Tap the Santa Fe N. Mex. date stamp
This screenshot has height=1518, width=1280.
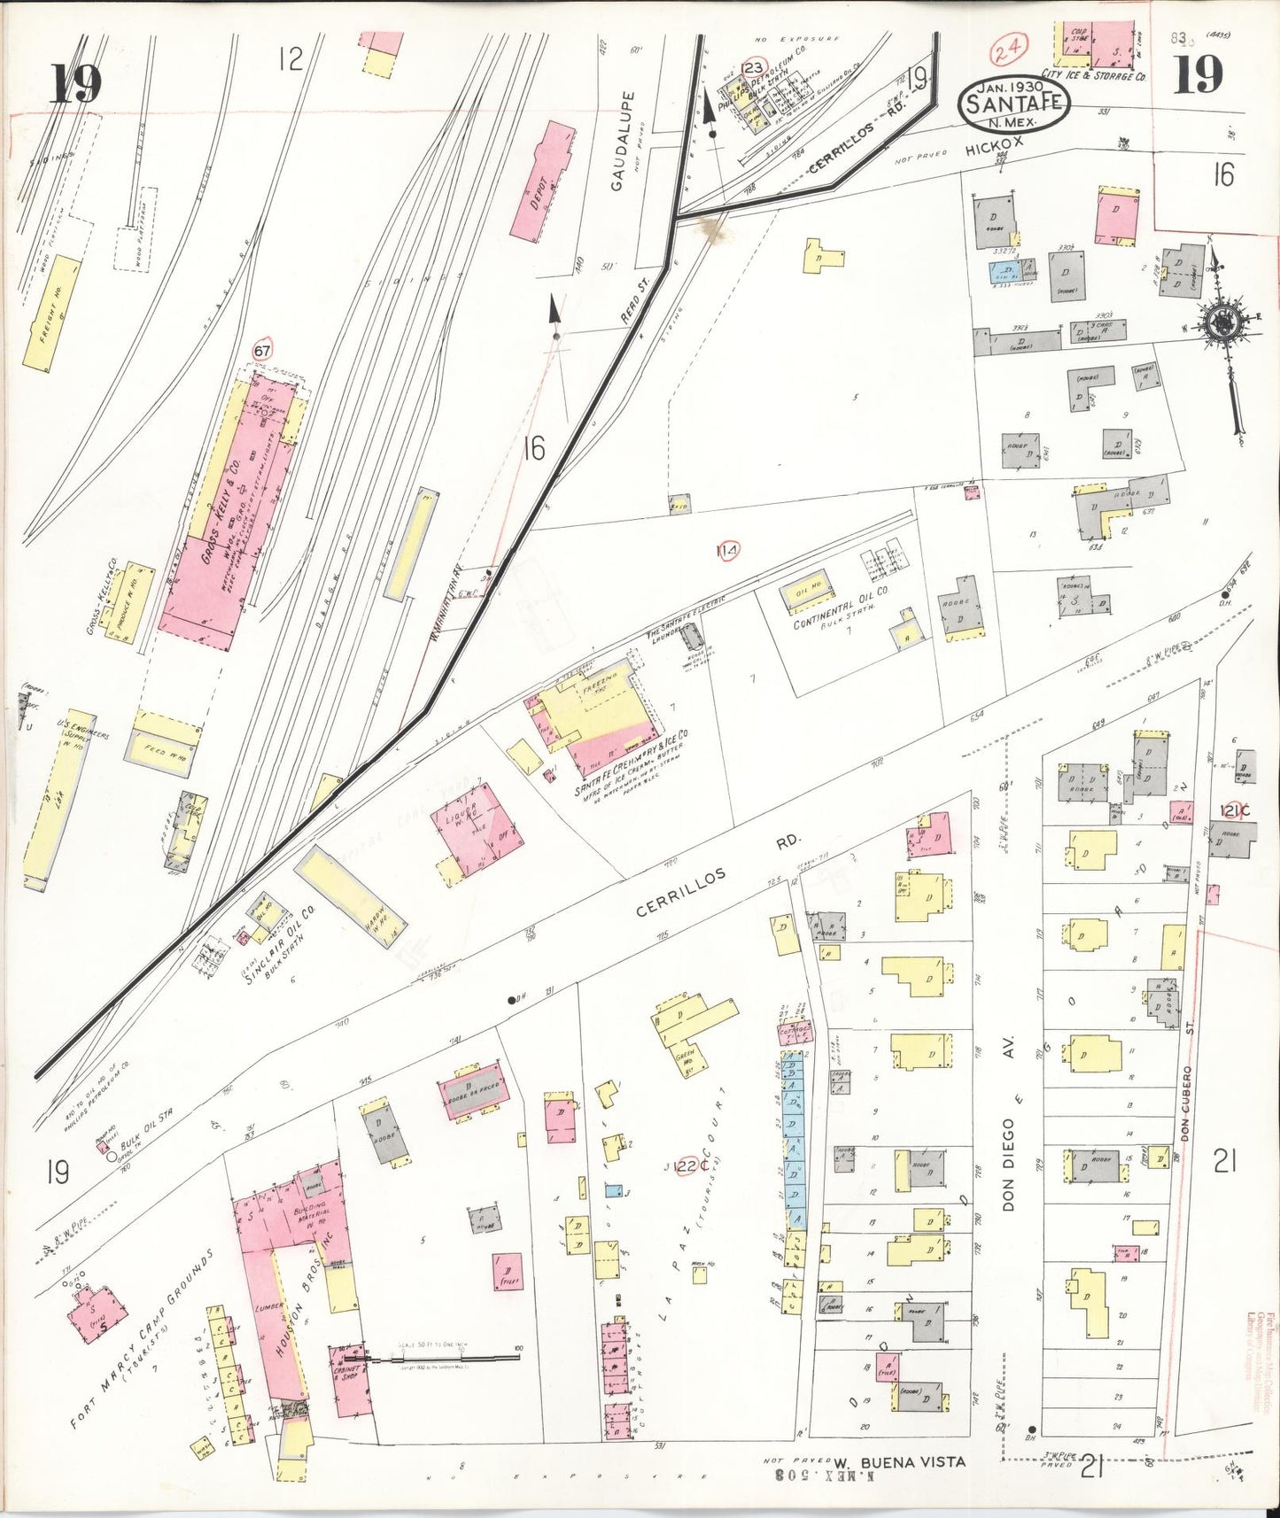pos(1013,103)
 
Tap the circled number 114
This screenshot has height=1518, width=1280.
pos(728,553)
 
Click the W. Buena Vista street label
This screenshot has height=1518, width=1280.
pos(898,1461)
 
